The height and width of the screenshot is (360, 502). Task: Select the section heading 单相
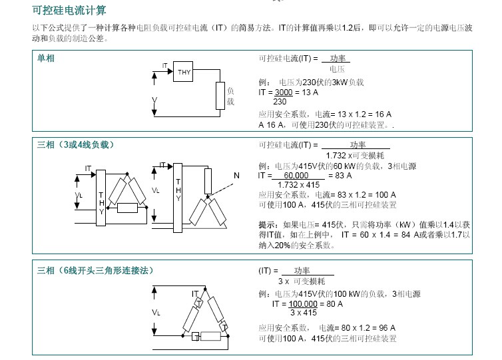[46, 59]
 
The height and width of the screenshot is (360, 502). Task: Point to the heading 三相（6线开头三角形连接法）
[95, 270]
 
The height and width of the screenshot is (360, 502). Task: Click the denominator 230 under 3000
[280, 101]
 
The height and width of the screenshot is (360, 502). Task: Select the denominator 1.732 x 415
[299, 184]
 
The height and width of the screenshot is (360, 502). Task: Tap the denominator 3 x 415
[303, 312]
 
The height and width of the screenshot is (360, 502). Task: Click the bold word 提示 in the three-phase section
[268, 225]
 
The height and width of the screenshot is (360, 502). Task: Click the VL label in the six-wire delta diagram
[156, 311]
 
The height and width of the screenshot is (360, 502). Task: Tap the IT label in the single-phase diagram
[164, 65]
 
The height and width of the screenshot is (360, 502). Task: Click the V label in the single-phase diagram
[154, 99]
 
